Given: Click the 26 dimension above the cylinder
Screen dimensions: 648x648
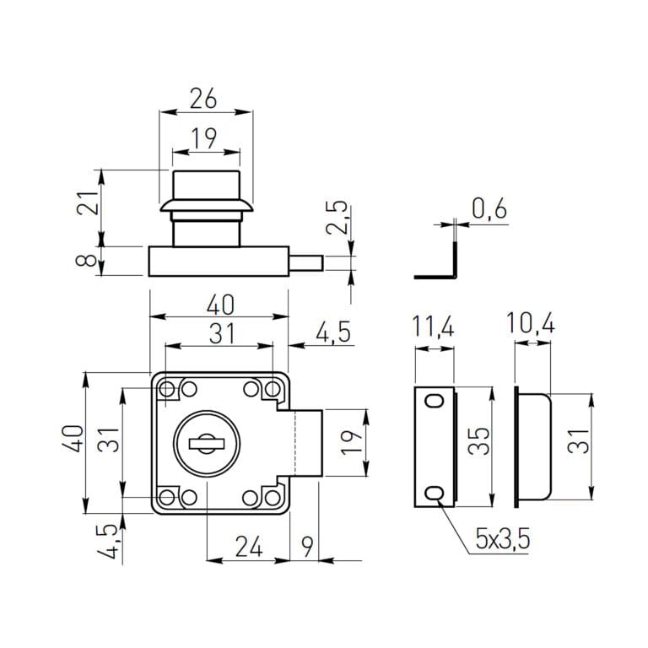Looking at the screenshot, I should click(203, 98).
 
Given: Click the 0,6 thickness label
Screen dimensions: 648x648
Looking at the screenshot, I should click(489, 208).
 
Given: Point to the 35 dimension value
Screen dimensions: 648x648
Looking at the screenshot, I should click(479, 442).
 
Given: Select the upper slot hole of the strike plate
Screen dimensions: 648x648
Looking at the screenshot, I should click(435, 402).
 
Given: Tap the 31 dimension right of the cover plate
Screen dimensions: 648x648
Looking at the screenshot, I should click(577, 442).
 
